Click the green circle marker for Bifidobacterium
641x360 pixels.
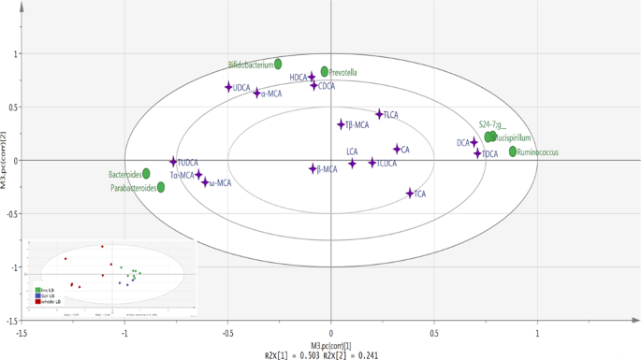coord(278,65)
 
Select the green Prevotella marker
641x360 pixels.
coord(325,72)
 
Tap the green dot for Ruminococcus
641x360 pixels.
coord(513,151)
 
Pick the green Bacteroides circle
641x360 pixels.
coord(146,174)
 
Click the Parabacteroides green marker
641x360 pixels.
coord(161,187)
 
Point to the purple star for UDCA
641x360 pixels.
coord(228,87)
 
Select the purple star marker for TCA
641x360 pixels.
coord(410,194)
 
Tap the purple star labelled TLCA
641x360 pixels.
coord(379,114)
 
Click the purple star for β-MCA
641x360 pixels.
coord(313,169)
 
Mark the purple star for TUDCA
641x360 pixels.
coord(173,162)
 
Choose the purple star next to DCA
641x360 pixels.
coord(473,142)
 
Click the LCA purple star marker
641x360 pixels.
coord(352,164)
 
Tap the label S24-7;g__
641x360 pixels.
coord(491,124)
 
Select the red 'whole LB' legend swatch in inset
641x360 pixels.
coord(37,302)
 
